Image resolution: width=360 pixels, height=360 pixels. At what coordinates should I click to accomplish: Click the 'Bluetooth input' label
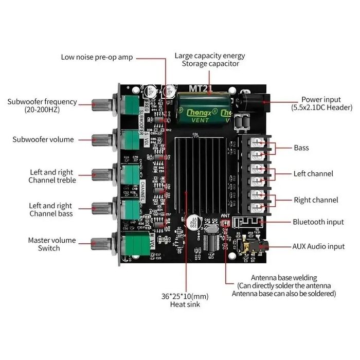coord(318,222)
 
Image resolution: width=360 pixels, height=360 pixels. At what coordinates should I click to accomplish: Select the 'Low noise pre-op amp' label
coord(97,57)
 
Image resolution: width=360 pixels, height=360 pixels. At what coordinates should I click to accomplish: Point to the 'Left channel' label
coord(313,174)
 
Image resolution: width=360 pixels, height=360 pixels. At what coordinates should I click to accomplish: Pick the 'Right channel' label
coord(316,200)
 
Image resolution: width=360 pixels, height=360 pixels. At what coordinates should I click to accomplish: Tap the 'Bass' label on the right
coord(301,148)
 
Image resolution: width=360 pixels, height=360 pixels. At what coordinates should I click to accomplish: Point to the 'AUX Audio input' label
coord(318,247)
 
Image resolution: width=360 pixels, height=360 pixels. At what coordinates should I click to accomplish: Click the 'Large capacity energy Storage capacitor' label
coord(210,60)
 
